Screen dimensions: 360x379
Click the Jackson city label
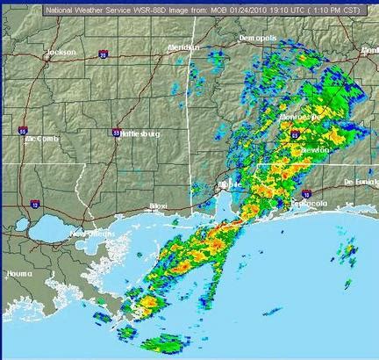coord(61,53)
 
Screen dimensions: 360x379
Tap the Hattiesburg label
coord(141,134)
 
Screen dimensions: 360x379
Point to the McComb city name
coord(41,139)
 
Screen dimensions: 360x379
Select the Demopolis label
coord(257,40)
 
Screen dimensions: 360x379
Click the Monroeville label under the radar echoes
coord(301,116)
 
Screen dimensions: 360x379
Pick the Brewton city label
coord(315,150)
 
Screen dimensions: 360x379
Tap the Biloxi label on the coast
coord(159,205)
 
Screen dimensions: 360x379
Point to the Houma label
coord(19,273)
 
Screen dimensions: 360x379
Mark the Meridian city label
coord(182,47)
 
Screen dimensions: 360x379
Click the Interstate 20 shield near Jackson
coord(104,54)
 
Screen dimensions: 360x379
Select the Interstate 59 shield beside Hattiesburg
coord(116,133)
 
